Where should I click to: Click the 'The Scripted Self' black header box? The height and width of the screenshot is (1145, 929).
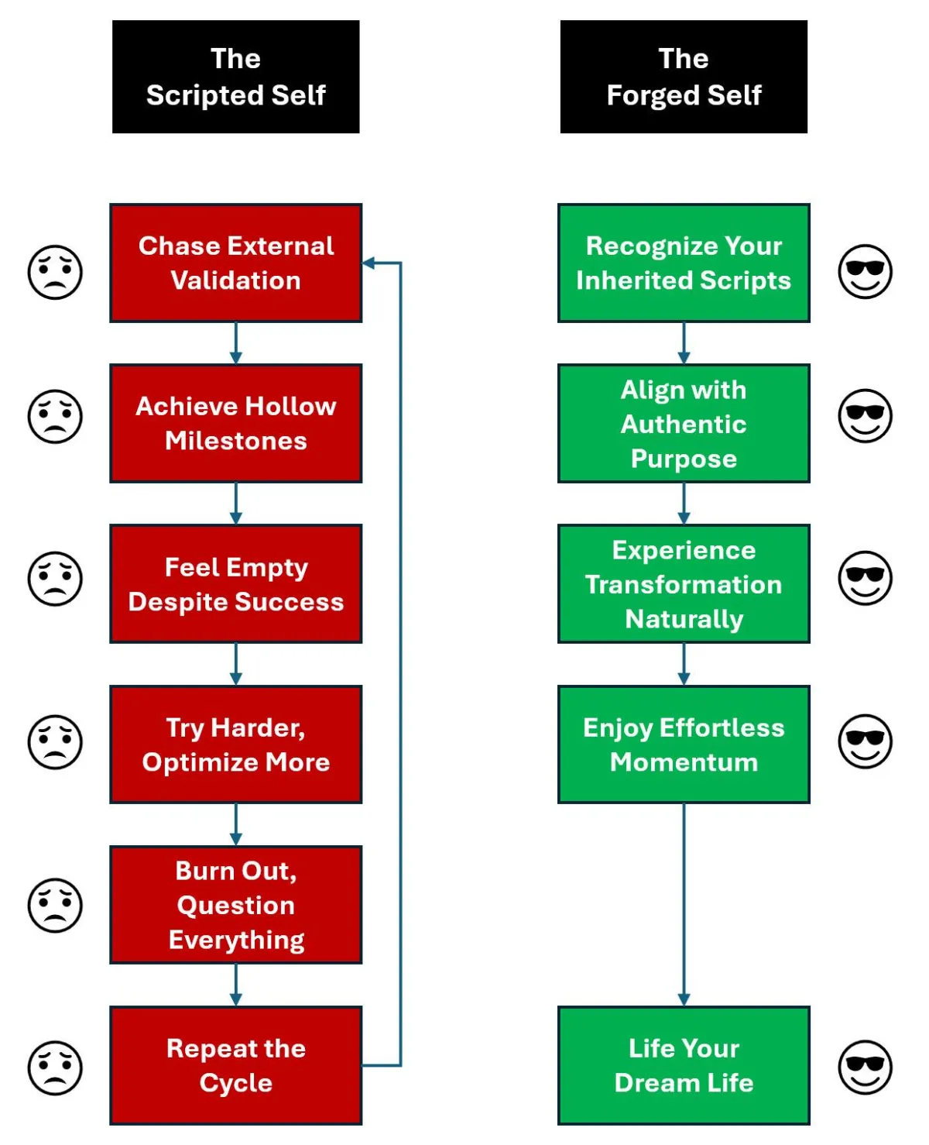(x=235, y=77)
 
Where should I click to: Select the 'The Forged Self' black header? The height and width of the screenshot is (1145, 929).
(x=684, y=77)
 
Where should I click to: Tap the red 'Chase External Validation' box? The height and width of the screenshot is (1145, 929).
(x=235, y=263)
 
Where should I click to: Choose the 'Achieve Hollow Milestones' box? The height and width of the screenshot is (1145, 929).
(x=235, y=423)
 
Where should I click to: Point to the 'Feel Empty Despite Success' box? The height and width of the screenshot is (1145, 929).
(x=235, y=584)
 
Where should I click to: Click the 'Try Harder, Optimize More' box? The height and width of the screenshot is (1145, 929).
(x=235, y=744)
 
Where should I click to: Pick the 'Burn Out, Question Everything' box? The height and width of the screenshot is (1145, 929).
(x=235, y=905)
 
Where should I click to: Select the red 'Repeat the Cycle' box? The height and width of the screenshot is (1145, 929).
(x=235, y=1065)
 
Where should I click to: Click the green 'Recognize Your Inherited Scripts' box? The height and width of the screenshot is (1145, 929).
(x=684, y=263)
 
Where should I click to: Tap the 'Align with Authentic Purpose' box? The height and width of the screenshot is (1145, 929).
(x=684, y=423)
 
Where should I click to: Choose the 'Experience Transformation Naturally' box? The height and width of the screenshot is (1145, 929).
(x=684, y=584)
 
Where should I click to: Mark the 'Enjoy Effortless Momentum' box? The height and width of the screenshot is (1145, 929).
(x=684, y=744)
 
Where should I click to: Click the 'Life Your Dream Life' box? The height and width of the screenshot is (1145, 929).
(x=684, y=1065)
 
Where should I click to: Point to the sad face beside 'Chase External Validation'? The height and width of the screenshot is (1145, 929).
(x=55, y=272)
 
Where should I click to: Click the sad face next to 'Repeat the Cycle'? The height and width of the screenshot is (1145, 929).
(x=55, y=1068)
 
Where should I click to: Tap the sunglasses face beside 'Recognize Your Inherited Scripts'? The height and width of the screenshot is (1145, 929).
(x=865, y=272)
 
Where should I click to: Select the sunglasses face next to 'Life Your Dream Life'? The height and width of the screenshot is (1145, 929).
(x=865, y=1068)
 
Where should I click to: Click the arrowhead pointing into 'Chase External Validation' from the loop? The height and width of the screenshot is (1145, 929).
(x=369, y=263)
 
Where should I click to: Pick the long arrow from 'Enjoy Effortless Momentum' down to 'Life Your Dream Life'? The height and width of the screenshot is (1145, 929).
(x=684, y=903)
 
